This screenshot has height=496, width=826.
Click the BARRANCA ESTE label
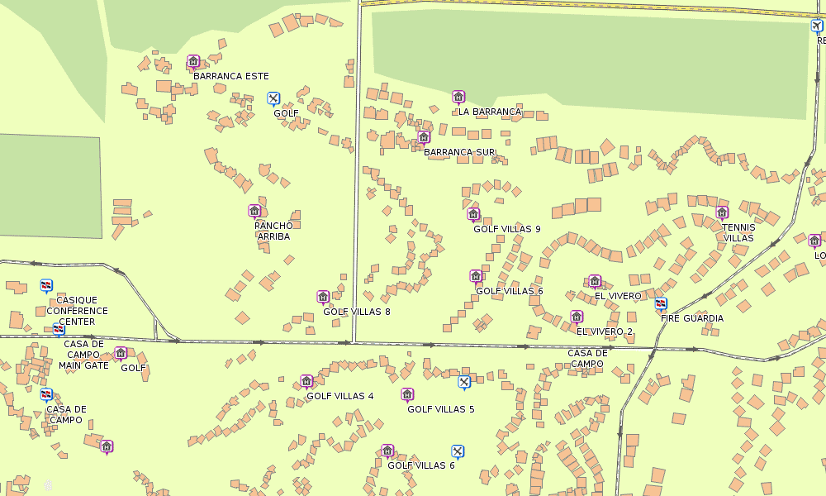231,76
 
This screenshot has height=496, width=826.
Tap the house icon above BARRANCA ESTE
193,61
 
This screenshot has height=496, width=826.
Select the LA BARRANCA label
490,112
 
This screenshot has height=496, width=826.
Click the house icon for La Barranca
458,97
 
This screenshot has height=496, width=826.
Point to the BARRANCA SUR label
459,152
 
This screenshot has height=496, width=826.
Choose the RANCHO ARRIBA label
273,231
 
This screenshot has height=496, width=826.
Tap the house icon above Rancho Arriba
254,211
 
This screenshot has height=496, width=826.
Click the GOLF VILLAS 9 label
507,229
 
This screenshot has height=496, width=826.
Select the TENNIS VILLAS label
738,232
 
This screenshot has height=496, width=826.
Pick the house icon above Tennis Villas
722,212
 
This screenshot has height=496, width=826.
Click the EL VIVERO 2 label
605,331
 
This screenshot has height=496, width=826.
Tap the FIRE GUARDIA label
692,318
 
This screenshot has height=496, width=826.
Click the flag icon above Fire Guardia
660,303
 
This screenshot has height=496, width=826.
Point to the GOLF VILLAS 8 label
357,312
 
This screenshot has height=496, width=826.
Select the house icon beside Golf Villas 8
323,297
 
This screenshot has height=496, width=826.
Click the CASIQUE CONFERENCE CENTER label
77,311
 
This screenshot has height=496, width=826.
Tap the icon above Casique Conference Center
46,285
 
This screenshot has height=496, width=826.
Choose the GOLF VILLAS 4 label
340,396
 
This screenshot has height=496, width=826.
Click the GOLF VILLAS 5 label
441,409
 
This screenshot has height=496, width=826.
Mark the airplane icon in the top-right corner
817,26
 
